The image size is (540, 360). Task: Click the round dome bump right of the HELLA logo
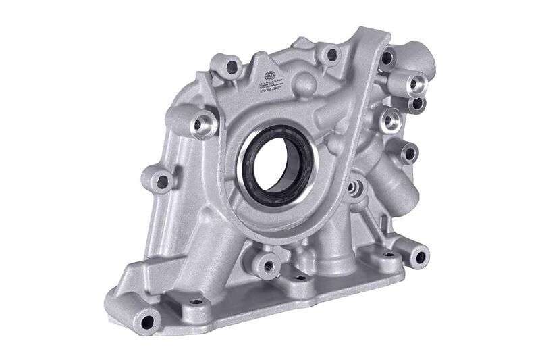(304, 84)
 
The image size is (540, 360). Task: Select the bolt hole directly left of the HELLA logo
(233, 66)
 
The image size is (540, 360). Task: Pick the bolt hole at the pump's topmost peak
(329, 53)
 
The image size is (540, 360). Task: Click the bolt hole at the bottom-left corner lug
(145, 321)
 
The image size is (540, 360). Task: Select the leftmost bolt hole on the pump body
(162, 181)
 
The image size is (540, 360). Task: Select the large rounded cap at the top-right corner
(416, 53)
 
